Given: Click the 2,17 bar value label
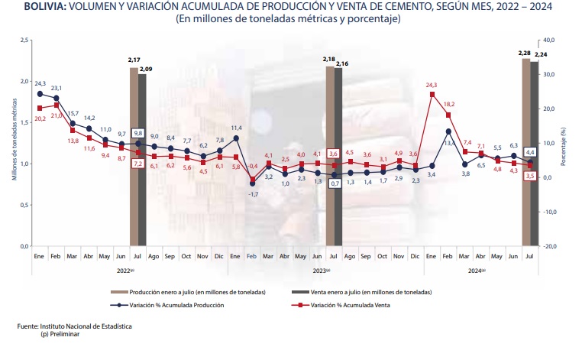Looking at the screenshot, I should click(134, 60).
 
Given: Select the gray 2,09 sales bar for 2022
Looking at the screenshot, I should click(142, 161).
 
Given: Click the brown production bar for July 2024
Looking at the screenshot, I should click(525, 153).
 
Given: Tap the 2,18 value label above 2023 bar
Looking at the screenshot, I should click(329, 58).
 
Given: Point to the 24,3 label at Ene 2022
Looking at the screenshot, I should click(40, 83).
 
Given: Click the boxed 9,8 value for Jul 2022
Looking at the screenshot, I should click(138, 132).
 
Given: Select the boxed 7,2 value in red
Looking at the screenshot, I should click(138, 164).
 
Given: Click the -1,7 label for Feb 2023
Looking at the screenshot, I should click(252, 194).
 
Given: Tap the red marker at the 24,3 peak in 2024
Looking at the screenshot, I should click(432, 95).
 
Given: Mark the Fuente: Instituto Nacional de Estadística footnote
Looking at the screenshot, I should click(74, 326).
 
